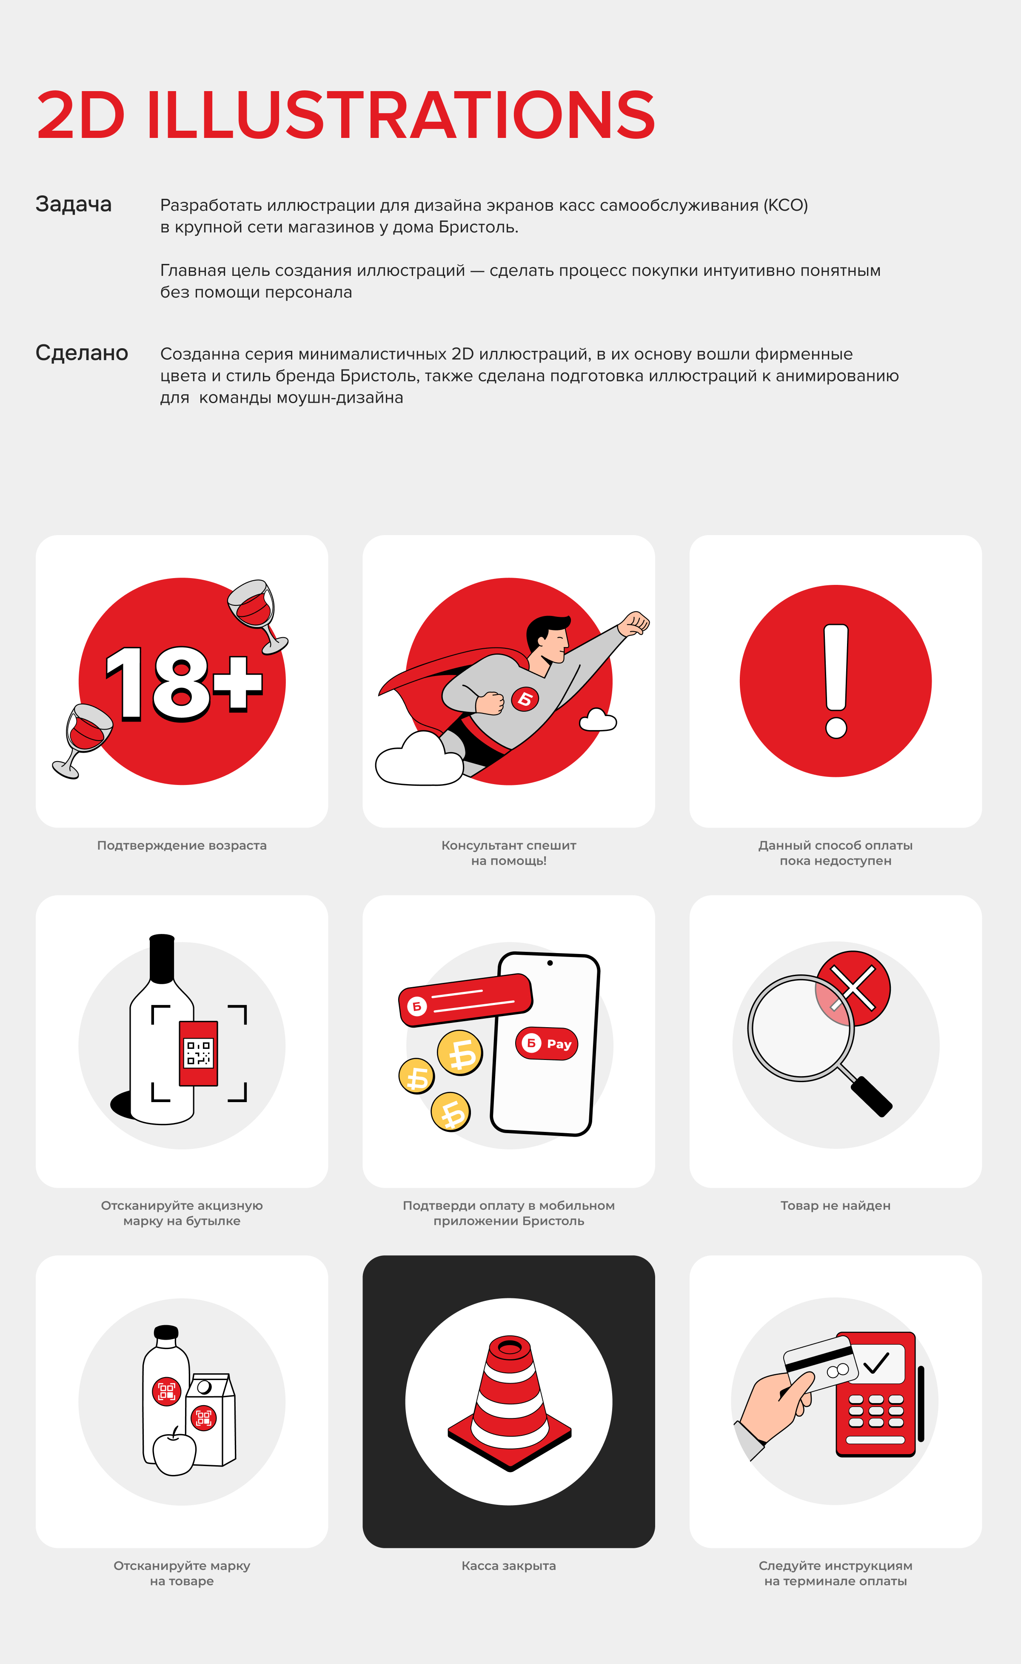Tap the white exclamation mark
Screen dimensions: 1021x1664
[836, 680]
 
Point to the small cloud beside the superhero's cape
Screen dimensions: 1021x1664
[598, 720]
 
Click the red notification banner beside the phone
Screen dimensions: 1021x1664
[465, 1000]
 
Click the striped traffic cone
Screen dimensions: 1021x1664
[510, 1402]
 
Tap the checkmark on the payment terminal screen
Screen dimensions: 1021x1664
[876, 1363]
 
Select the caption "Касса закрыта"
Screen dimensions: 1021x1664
[509, 1565]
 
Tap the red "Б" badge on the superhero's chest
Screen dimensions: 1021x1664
[525, 699]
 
